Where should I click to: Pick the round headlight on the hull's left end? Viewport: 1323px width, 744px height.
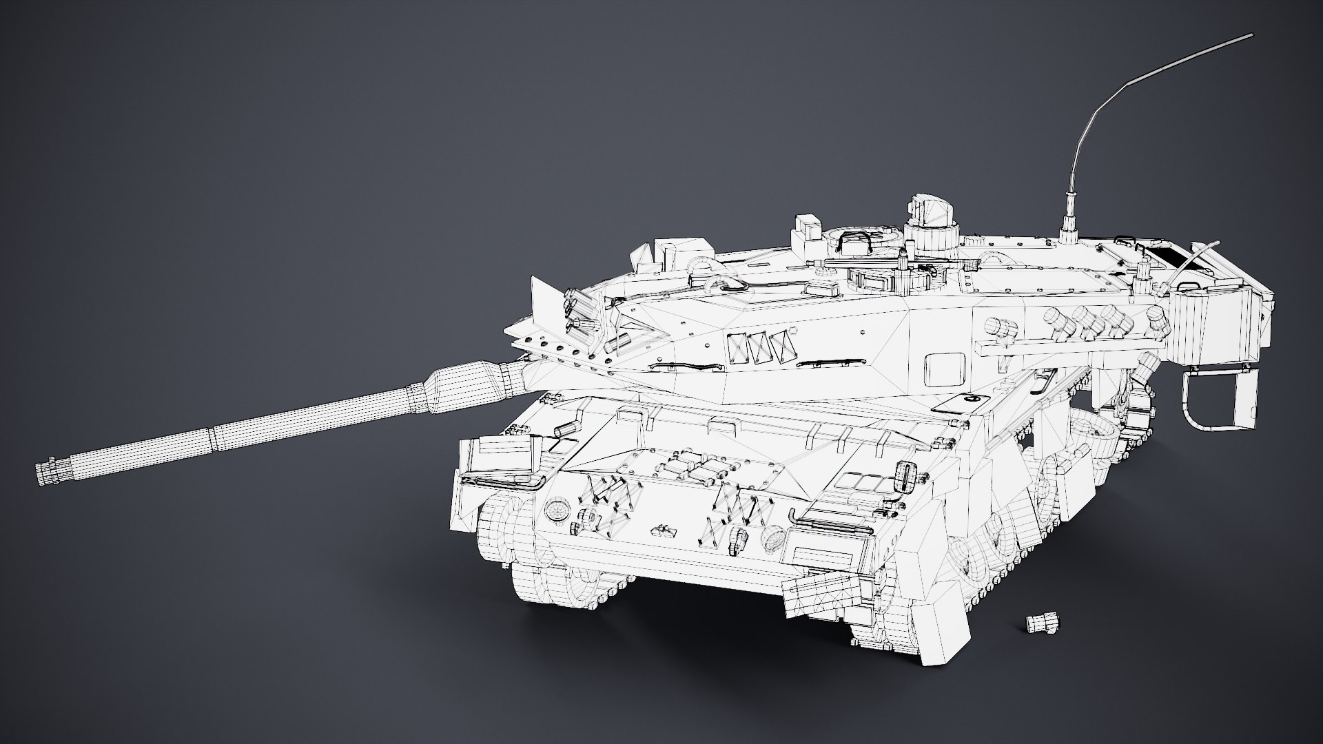[x=555, y=510]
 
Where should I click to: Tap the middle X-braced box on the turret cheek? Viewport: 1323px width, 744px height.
[x=760, y=348]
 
